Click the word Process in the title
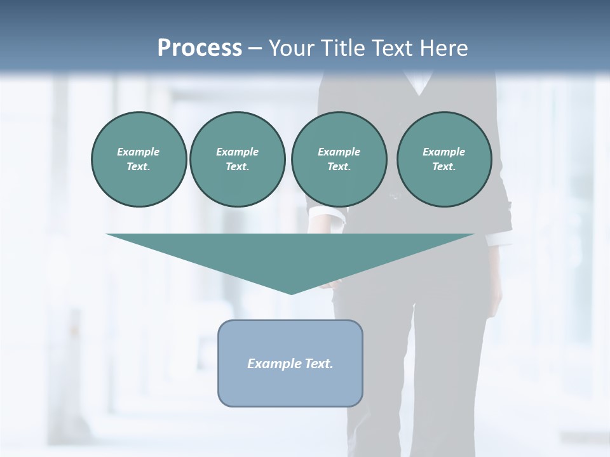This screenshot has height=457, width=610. (200, 48)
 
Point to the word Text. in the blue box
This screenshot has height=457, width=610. (320, 364)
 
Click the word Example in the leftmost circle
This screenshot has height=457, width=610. (139, 152)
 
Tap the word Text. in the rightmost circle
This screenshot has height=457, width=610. (444, 166)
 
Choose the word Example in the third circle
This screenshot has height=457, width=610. (339, 152)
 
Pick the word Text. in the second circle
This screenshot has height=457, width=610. (237, 166)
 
